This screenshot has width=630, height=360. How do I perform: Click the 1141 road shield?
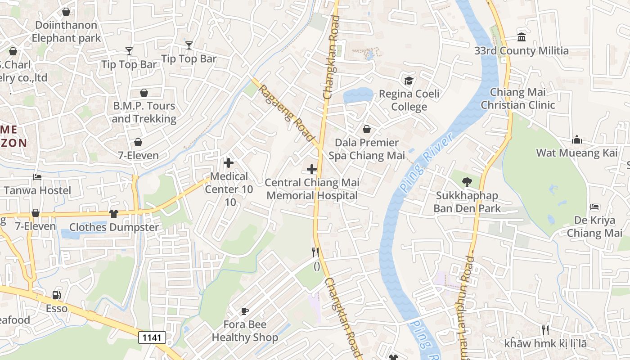coord(152,337)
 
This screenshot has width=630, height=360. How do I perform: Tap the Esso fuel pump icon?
coord(57,295)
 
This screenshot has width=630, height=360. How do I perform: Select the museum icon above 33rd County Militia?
coord(522,37)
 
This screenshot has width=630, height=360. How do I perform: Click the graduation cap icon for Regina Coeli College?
coord(409,81)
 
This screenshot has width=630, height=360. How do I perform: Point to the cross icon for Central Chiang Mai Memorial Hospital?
coord(312,169)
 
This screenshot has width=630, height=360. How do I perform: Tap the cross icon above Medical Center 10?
coord(229,163)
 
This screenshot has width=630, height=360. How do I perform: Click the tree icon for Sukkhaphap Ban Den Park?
coord(467,182)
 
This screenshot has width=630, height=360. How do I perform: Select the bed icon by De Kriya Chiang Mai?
coord(594,207)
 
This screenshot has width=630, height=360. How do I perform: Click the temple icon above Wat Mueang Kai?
coord(577,140)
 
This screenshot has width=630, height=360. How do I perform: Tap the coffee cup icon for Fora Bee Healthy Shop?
coord(245,311)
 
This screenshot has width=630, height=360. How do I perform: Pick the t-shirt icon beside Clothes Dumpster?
coord(114,214)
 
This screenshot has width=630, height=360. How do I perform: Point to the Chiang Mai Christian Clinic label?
coord(517,99)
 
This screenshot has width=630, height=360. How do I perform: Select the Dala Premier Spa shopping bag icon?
coord(367,129)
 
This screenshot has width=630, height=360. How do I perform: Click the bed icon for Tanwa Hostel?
coord(37,177)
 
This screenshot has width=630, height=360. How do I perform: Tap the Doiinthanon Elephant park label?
coord(66,31)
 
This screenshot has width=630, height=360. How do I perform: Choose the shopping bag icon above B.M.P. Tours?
coord(144,93)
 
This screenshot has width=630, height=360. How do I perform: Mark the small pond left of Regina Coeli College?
coord(358,96)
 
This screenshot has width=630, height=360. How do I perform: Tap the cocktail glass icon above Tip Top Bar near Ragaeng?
coord(189,45)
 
